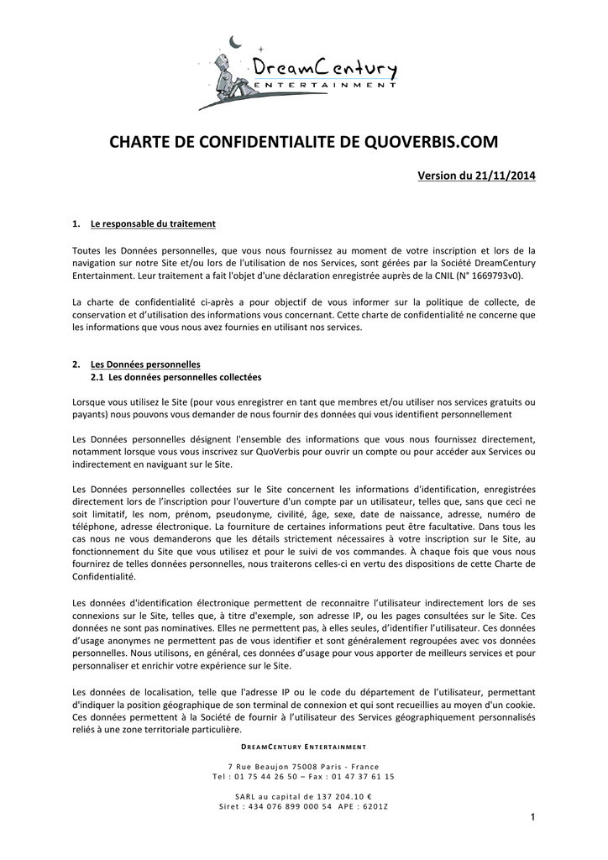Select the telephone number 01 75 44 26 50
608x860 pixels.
[259, 777]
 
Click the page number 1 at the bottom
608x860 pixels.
[532, 818]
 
